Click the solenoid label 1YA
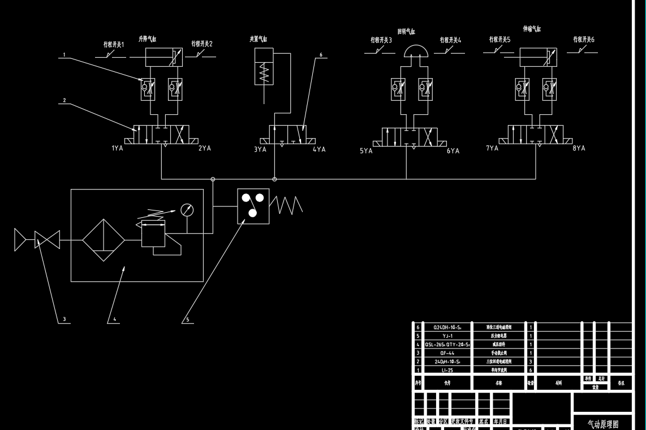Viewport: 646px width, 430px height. [x=118, y=149]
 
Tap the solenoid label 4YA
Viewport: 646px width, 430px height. [x=319, y=150]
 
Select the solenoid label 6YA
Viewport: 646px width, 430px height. [x=453, y=151]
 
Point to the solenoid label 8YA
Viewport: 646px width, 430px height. [x=579, y=148]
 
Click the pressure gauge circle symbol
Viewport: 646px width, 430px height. [x=187, y=210]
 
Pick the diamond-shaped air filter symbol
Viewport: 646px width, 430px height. [x=104, y=240]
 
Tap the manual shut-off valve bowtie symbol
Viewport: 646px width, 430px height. [x=47, y=240]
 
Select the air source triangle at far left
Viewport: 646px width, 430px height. [x=20, y=240]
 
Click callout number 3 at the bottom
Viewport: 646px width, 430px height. [x=64, y=320]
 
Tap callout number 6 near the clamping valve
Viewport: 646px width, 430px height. [x=320, y=55]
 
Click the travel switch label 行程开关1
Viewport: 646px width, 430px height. [x=113, y=44]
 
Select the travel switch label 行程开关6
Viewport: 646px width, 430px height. [x=584, y=40]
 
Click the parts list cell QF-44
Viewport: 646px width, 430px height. [x=447, y=352]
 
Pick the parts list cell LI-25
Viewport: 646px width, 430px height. [x=447, y=370]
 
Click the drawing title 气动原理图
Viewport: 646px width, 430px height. [x=603, y=423]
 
